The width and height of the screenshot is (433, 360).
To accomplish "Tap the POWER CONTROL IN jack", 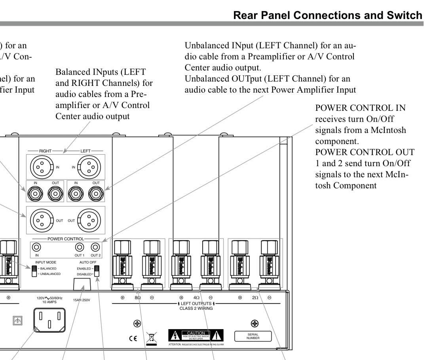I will (36, 247).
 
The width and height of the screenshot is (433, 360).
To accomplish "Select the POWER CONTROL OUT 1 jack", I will (80, 247).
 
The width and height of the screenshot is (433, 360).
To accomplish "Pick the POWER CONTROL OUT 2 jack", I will (95, 247).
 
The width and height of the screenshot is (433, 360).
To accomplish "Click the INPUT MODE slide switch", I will (34, 271).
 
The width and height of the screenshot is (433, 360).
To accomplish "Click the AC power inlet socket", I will (49, 319).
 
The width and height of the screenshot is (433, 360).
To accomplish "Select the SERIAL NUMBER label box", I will (253, 336).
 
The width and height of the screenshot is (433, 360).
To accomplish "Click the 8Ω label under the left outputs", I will (137, 297).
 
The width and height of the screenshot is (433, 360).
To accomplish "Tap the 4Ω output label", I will (196, 297).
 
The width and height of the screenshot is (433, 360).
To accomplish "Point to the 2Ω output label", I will (255, 297).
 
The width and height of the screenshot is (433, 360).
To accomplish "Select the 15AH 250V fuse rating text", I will (82, 300).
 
